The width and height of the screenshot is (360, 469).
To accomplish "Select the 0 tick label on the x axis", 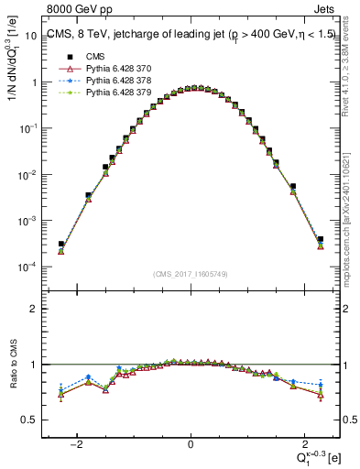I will (191, 445).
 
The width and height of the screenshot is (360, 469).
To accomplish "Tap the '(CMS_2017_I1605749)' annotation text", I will (191, 274).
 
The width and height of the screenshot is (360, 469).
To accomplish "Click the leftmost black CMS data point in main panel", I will (61, 245).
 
